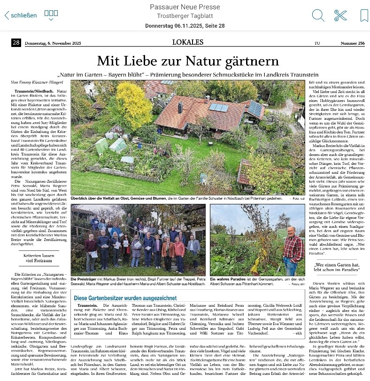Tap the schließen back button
(x=21, y=15)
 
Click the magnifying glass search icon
(x=318, y=16)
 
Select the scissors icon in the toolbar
(x=340, y=16)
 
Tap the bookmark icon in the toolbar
(x=364, y=16)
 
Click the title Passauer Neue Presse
(x=185, y=7)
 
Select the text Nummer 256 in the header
(x=353, y=43)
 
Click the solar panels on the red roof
(x=219, y=107)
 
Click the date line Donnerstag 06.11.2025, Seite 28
(x=185, y=26)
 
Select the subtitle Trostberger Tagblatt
(x=185, y=16)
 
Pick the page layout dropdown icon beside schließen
(x=51, y=15)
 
